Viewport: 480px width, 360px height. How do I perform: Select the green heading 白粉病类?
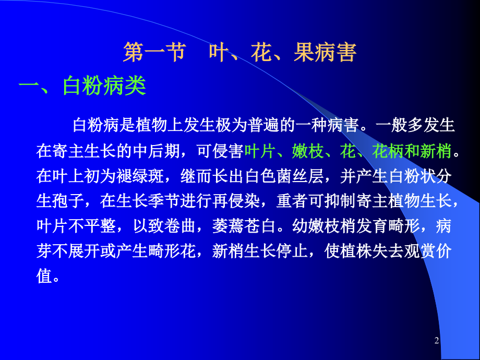point(104,86)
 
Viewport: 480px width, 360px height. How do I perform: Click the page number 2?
point(437,341)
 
